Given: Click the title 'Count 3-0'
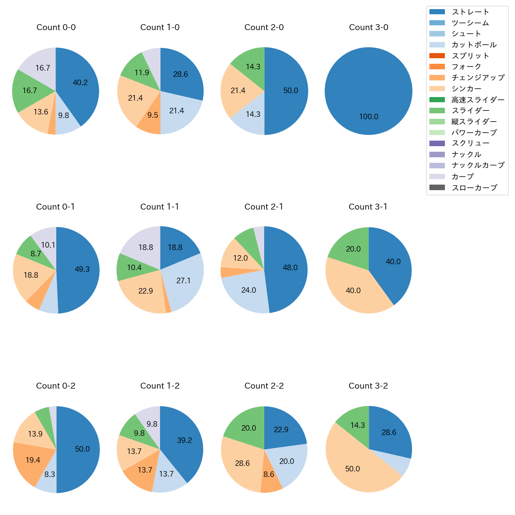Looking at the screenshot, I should pos(368,27).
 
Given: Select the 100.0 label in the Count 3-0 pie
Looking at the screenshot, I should pos(368,117).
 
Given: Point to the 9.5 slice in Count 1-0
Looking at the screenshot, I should pos(153,115).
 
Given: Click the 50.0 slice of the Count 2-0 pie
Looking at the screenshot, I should pos(290,91).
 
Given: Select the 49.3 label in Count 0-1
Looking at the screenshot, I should pos(82,269).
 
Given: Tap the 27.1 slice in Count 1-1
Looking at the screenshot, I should pos(183,281).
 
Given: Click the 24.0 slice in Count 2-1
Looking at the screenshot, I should pos(248,290).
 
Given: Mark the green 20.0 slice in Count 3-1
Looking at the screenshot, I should pos(353,249).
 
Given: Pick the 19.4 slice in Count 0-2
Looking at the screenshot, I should pos(33,460).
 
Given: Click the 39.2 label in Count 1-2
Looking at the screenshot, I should pos(185,441).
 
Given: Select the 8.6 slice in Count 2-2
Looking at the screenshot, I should pos(269,474).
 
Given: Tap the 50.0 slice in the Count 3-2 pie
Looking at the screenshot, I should pos(353,469).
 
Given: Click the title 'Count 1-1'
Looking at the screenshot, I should pos(160,207).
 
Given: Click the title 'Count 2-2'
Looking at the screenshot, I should pos(264,386).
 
